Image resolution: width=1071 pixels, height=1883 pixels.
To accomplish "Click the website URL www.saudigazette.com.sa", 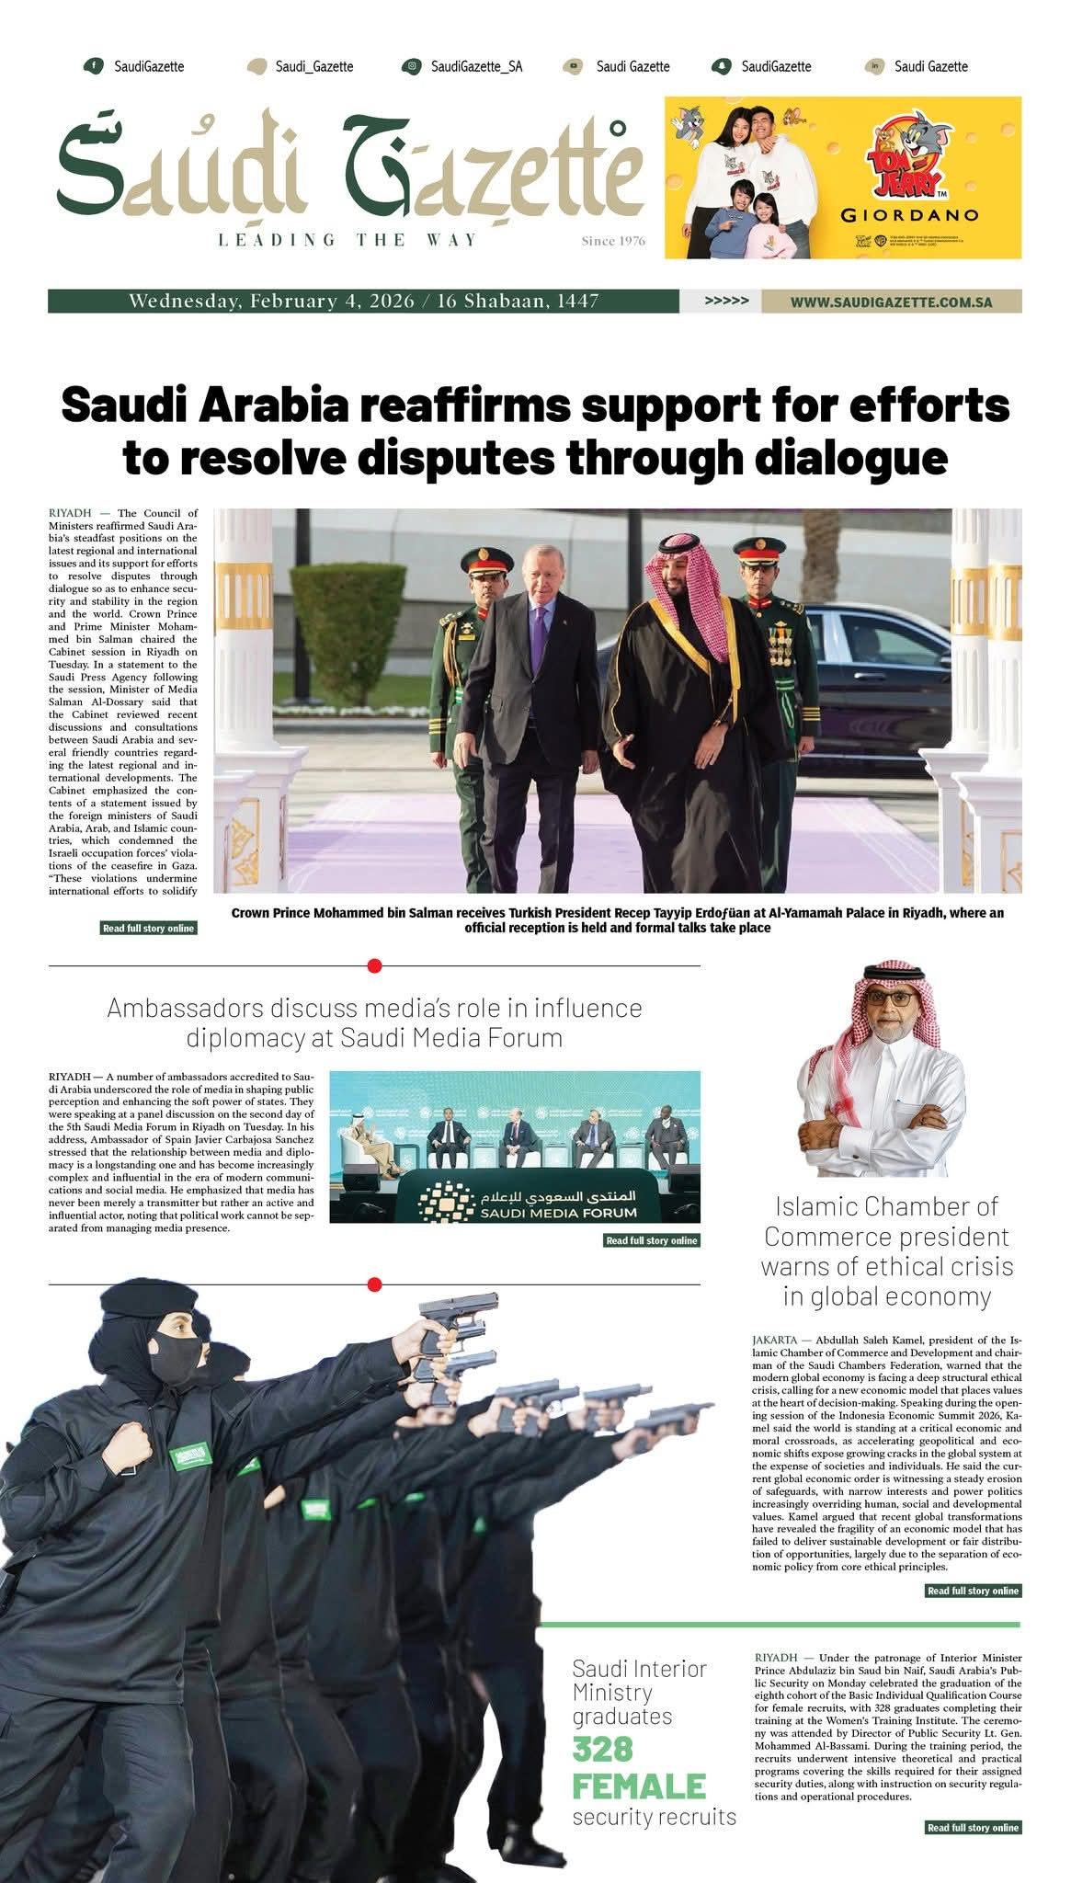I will (891, 302).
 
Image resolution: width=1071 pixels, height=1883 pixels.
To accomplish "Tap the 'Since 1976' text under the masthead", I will (613, 242).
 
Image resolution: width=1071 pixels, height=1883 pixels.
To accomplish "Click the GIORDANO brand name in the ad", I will (909, 217).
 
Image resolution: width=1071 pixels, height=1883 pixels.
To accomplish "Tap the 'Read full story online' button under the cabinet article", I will (149, 929).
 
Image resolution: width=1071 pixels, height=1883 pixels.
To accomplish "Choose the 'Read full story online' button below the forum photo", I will (652, 1240).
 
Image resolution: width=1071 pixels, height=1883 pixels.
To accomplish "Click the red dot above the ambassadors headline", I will (374, 966).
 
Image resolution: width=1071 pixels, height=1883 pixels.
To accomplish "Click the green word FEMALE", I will (639, 1786).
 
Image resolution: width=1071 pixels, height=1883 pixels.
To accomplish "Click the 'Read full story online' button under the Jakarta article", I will (973, 1591).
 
